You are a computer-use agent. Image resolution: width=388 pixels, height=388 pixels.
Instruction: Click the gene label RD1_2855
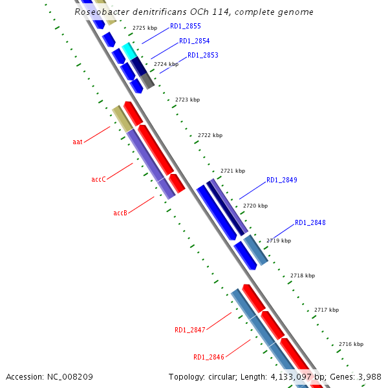click(x=185, y=27)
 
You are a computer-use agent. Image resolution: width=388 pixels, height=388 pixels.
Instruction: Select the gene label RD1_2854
click(x=194, y=41)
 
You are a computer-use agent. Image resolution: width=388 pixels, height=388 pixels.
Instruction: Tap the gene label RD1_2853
click(x=202, y=56)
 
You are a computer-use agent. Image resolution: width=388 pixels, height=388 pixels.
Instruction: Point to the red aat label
click(x=78, y=141)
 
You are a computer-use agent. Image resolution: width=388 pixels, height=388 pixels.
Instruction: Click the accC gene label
click(x=99, y=179)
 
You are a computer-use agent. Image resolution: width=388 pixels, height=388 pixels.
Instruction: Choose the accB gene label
click(x=120, y=213)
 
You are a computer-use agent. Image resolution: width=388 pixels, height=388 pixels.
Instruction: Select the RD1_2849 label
click(x=281, y=180)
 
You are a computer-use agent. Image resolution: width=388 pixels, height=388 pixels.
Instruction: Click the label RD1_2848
click(x=310, y=223)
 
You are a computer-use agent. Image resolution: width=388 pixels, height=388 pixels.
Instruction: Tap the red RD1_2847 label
click(x=189, y=330)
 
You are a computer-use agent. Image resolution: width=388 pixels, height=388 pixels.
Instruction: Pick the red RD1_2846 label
click(x=208, y=357)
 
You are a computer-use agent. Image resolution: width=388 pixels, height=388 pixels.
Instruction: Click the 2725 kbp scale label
click(x=145, y=28)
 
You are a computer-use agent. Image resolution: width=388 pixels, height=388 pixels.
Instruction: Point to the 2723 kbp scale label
click(x=188, y=100)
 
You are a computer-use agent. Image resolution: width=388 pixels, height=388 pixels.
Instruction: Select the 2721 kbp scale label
click(x=233, y=171)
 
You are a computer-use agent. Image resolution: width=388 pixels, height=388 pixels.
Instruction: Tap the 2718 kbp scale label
click(x=303, y=275)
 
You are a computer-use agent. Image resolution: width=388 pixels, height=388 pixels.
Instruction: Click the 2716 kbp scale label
click(x=351, y=344)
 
